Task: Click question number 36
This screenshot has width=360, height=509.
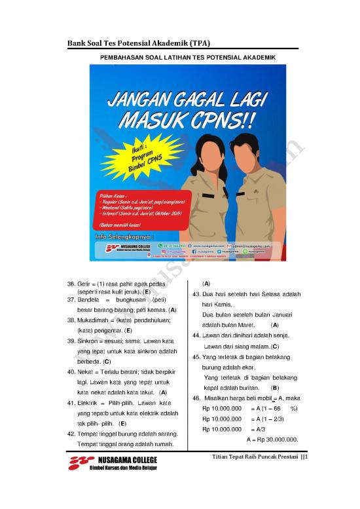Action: coord(71,283)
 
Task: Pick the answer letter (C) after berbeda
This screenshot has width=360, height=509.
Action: coord(107,362)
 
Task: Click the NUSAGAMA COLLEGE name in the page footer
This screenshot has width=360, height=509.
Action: coord(127,461)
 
